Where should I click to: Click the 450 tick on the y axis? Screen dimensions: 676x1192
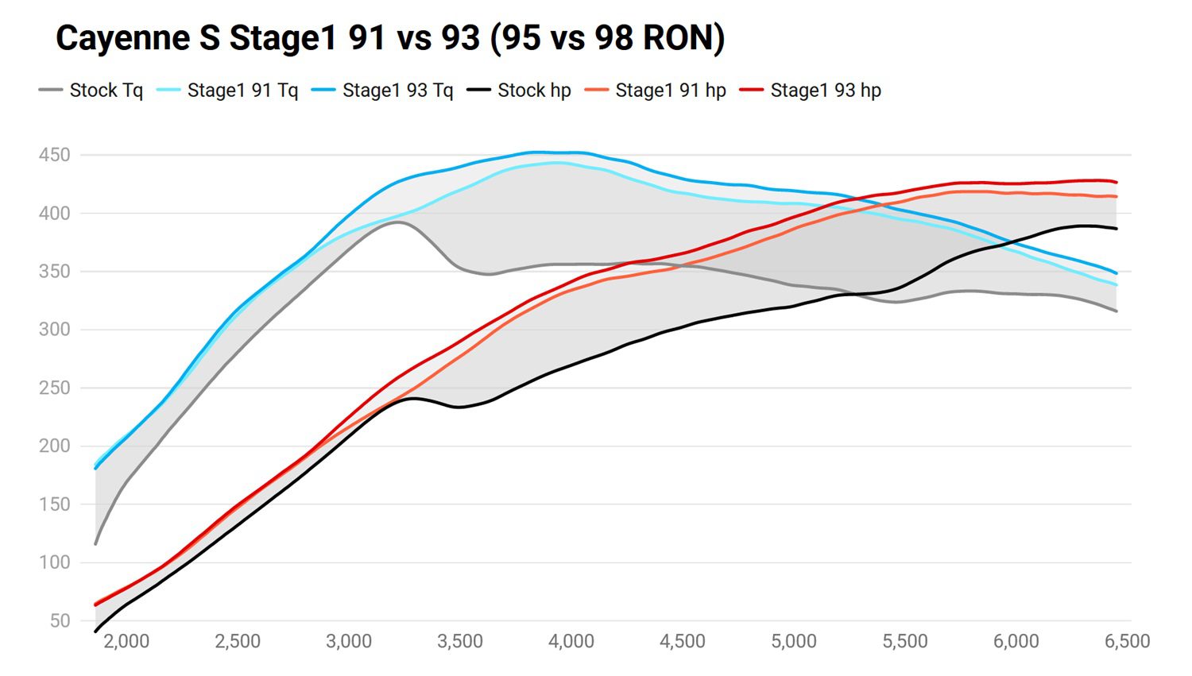pos(54,155)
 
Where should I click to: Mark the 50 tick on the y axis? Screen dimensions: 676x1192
pos(59,621)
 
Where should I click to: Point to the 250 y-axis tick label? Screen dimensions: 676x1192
pos(54,388)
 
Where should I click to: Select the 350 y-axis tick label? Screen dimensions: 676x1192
pos(54,272)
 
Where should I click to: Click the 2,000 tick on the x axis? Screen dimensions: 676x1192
pos(126,641)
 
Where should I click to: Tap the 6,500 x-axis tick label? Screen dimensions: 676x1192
pos(1127,641)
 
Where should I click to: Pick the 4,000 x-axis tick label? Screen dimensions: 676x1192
pos(571,641)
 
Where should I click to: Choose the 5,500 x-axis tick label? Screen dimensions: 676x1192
pos(904,641)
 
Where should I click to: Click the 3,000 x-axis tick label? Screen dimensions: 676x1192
pos(348,641)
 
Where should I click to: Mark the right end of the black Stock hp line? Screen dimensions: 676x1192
pos(1117,229)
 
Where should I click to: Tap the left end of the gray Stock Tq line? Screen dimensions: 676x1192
pos(96,544)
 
